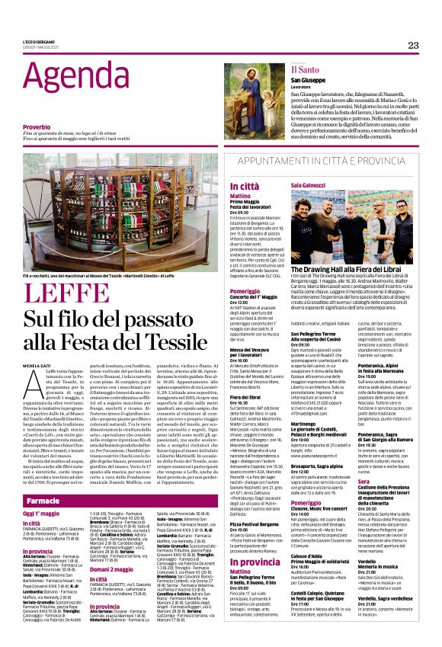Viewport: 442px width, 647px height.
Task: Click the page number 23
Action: click(x=413, y=46)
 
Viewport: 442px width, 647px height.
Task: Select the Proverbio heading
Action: click(x=37, y=127)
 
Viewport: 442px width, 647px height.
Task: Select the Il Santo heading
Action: click(x=283, y=69)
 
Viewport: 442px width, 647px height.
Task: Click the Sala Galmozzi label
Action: click(x=307, y=186)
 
